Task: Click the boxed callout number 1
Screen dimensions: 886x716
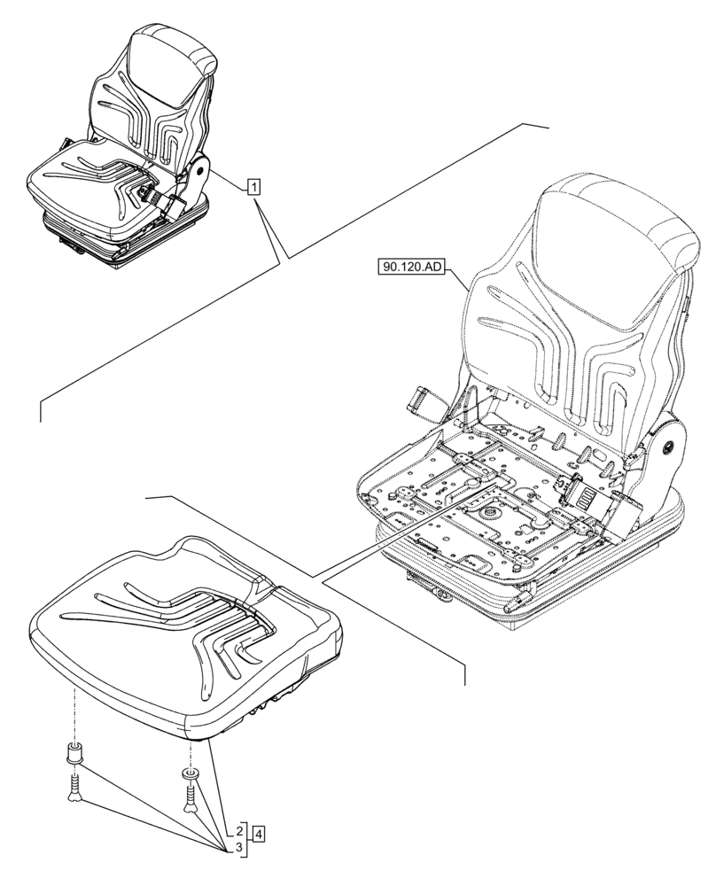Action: click(253, 186)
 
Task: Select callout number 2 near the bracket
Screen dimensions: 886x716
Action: click(239, 832)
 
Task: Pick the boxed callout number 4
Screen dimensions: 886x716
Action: click(258, 833)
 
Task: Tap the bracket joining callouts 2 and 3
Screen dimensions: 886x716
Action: click(247, 841)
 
